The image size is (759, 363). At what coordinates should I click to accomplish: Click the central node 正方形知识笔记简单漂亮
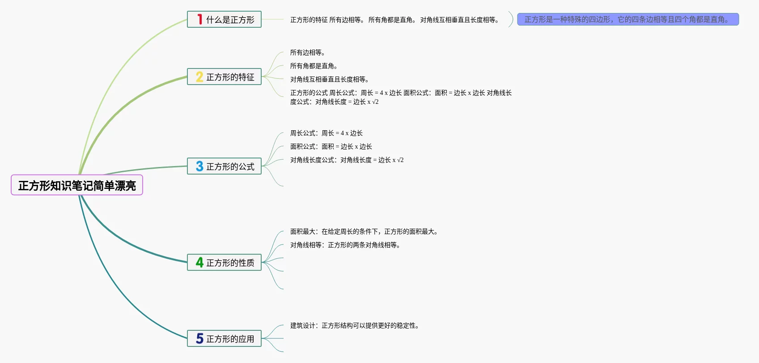pyautogui.click(x=77, y=185)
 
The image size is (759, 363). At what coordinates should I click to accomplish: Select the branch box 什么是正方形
pyautogui.click(x=224, y=20)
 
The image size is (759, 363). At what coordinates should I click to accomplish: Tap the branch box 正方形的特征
pyautogui.click(x=224, y=77)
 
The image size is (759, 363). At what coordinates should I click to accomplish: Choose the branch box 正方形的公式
pyautogui.click(x=224, y=167)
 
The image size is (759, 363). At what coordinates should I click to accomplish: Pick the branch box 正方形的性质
pyautogui.click(x=224, y=263)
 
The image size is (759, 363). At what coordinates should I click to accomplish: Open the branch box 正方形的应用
pyautogui.click(x=224, y=339)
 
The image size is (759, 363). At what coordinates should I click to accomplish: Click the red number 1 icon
pyautogui.click(x=200, y=20)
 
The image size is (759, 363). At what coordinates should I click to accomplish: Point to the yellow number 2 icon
pyautogui.click(x=199, y=77)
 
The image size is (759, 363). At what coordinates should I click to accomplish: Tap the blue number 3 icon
pyautogui.click(x=199, y=167)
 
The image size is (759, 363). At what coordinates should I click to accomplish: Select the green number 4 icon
pyautogui.click(x=199, y=263)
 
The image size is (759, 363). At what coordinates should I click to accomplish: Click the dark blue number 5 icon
pyautogui.click(x=199, y=339)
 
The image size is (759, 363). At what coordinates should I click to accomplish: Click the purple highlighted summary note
pyautogui.click(x=628, y=20)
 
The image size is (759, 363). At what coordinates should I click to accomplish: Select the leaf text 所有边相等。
pyautogui.click(x=308, y=53)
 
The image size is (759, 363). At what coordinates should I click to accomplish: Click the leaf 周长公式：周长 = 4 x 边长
pyautogui.click(x=326, y=133)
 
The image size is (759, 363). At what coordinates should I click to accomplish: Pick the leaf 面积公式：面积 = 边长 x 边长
pyautogui.click(x=331, y=147)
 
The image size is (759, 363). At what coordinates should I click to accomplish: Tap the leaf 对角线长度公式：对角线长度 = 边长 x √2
pyautogui.click(x=347, y=160)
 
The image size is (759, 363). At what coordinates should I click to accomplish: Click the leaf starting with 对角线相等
pyautogui.click(x=345, y=245)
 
